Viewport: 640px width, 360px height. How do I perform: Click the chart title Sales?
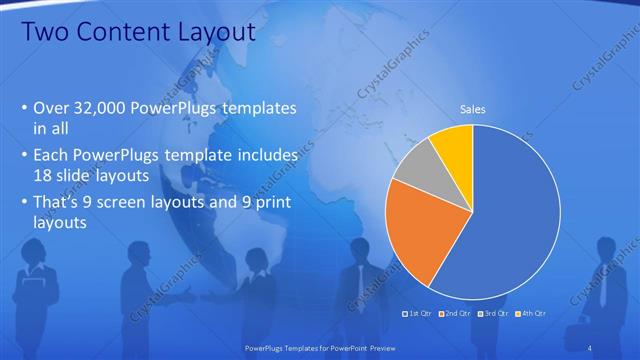(472, 109)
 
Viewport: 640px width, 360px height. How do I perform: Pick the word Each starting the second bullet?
(52, 156)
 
